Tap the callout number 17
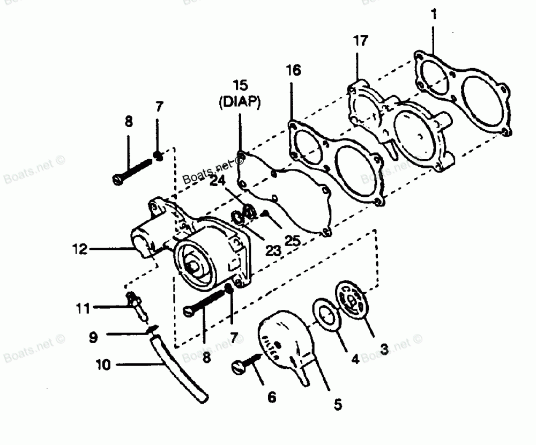tap(361, 41)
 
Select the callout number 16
tap(293, 70)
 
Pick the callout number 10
tap(103, 365)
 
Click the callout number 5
tap(337, 404)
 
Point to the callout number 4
tap(354, 359)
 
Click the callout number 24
tap(217, 181)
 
